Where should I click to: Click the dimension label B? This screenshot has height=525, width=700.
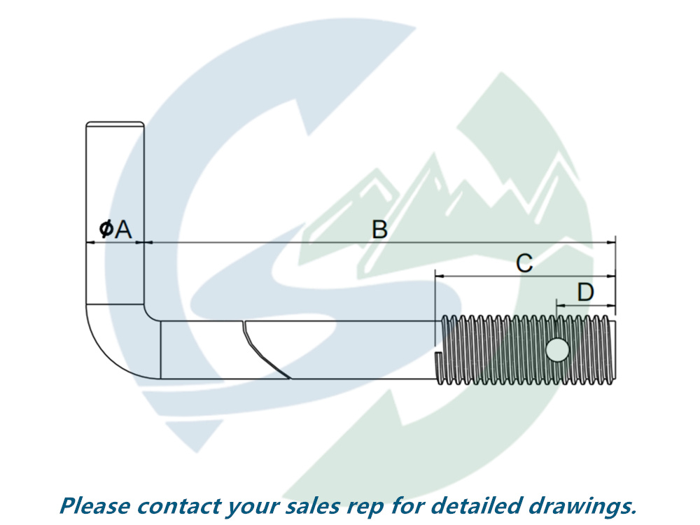[379, 229]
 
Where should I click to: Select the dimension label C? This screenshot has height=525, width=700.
[524, 264]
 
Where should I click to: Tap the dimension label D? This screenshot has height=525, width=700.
[585, 293]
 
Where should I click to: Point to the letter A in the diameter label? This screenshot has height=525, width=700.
[123, 229]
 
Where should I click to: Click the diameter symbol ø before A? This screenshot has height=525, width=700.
[106, 229]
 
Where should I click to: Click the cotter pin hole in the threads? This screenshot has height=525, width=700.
[557, 349]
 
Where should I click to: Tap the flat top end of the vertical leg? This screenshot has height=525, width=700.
[115, 125]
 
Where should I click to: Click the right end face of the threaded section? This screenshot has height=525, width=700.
[617, 350]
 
